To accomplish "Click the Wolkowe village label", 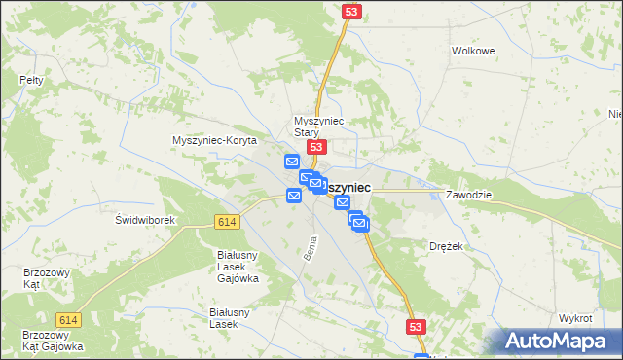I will (x=474, y=51).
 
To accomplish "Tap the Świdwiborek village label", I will (x=145, y=220).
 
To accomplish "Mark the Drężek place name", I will (x=446, y=247).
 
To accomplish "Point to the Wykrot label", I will (x=575, y=319).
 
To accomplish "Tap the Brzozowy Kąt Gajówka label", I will (x=54, y=341).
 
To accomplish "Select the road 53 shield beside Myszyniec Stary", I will (x=315, y=146).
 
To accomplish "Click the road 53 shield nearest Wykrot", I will (x=416, y=329).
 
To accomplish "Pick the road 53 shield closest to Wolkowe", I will (x=352, y=11).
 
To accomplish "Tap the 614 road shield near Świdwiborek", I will (x=228, y=223).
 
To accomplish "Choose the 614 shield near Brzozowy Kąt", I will (x=68, y=320).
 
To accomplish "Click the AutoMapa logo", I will (x=560, y=341).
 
